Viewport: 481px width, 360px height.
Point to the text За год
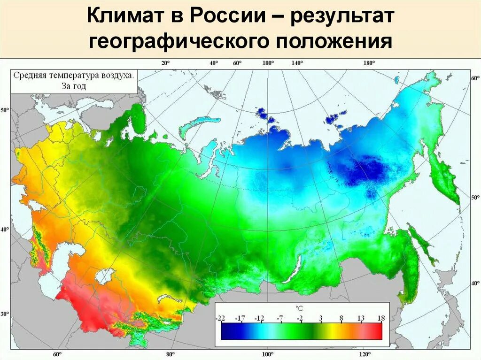pos(73,86)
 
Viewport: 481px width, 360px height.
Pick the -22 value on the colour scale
pos(220,319)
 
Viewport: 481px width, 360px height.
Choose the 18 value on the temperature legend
pos(381,319)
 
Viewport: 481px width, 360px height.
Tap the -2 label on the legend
pos(300,319)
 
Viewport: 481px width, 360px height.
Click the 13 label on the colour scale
pos(361,319)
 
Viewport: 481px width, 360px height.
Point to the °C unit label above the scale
pos(299,308)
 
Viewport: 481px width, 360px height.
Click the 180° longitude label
pos(368,63)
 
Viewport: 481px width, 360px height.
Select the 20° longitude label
pos(165,63)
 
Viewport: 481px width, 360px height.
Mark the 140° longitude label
pos(297,63)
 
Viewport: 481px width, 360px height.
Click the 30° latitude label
pos(5,314)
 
